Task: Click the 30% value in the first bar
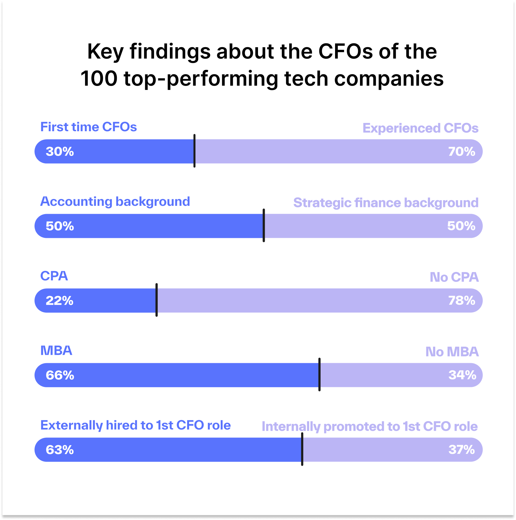60,152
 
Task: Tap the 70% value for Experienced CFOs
461,152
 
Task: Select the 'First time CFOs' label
88,127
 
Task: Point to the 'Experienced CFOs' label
420,128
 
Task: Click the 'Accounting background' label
115,201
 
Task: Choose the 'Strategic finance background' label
386,203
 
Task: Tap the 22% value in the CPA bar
59,301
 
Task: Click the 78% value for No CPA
461,301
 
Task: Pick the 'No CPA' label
454,277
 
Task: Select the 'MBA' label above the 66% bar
56,351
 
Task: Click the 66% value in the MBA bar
60,375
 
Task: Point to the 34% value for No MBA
462,375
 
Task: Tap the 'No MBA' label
452,352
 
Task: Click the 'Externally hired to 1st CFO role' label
135,425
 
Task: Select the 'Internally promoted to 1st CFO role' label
369,426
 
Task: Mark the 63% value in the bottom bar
60,450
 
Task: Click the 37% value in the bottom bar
461,450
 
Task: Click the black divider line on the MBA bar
319,375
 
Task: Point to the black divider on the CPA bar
157,300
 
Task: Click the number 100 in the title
99,79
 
